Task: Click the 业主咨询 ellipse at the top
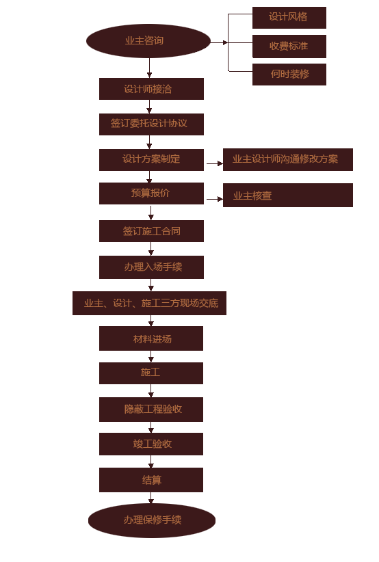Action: point(148,41)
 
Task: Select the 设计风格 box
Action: point(289,18)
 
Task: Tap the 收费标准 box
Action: point(289,46)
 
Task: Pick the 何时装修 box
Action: point(289,75)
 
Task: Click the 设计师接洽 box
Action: point(151,89)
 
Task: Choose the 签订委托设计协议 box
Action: point(151,124)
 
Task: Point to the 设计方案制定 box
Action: point(151,160)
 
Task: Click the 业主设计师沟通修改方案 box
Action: point(288,159)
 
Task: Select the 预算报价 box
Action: point(151,193)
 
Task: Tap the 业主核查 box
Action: point(288,196)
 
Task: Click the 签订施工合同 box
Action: point(151,231)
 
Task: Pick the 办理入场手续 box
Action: point(151,267)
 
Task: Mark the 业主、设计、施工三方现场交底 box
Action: point(149,304)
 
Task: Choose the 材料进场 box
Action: point(151,338)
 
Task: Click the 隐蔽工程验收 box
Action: point(151,410)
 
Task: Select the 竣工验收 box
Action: point(151,444)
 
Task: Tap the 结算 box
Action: point(151,480)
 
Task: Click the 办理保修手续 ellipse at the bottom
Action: point(152,520)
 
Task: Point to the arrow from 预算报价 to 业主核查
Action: point(215,199)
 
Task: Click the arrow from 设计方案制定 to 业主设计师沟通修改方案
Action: point(215,164)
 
